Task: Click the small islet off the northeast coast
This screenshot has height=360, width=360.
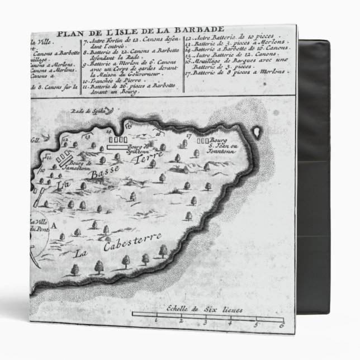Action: (258, 132)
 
